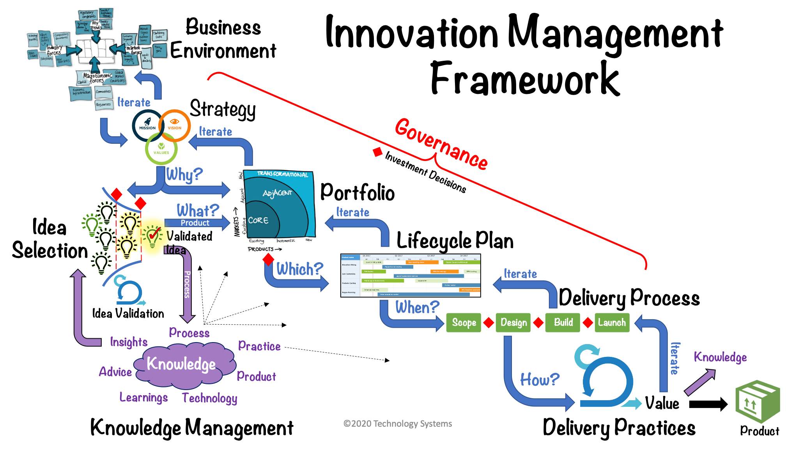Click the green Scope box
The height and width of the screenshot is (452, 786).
click(x=464, y=323)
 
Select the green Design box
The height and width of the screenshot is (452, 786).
click(x=513, y=323)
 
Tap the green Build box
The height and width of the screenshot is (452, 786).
click(x=563, y=322)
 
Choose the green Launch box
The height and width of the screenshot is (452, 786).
click(x=611, y=322)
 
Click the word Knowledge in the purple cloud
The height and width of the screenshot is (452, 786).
click(x=181, y=364)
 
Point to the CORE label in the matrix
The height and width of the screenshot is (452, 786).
click(x=258, y=220)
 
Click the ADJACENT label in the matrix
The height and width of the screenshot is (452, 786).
click(x=277, y=193)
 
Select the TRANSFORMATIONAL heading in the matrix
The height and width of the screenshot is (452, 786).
click(x=282, y=174)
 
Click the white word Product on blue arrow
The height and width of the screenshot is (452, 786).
click(x=195, y=223)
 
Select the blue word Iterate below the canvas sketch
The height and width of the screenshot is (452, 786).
click(x=134, y=102)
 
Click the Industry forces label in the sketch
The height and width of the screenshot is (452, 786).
click(x=54, y=50)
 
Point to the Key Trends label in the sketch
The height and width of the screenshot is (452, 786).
click(x=96, y=25)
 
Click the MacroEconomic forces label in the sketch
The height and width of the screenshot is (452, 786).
click(x=97, y=78)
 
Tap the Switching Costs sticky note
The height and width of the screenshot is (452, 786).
click(x=159, y=35)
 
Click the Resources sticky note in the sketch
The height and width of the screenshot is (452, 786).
click(x=103, y=104)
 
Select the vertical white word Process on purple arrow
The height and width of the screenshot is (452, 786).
click(x=187, y=284)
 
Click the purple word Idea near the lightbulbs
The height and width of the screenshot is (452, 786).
click(x=175, y=250)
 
